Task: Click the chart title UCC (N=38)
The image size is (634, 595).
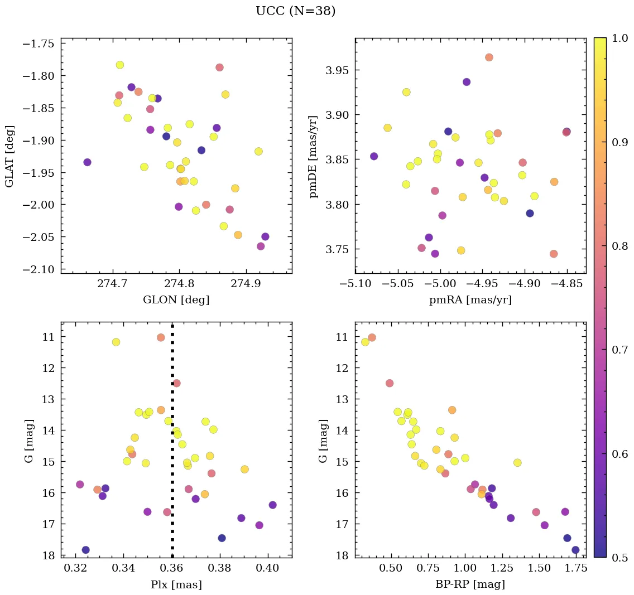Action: pyautogui.click(x=296, y=11)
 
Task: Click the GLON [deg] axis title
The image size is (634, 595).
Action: pyautogui.click(x=176, y=300)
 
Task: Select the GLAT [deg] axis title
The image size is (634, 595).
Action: pyautogui.click(x=9, y=156)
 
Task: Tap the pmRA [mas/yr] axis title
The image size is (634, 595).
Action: pyautogui.click(x=470, y=300)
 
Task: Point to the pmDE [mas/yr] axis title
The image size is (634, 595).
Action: pyautogui.click(x=314, y=156)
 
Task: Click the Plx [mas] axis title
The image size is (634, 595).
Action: pyautogui.click(x=176, y=584)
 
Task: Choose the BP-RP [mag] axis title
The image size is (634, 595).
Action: pyautogui.click(x=470, y=584)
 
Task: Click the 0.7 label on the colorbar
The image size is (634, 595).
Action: pyautogui.click(x=617, y=350)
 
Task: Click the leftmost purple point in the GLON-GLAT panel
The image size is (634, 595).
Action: pyautogui.click(x=87, y=162)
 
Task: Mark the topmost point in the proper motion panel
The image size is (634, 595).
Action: pyautogui.click(x=489, y=57)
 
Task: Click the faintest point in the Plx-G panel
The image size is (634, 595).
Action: pyautogui.click(x=85, y=550)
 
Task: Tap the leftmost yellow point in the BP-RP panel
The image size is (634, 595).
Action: pyautogui.click(x=365, y=342)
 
